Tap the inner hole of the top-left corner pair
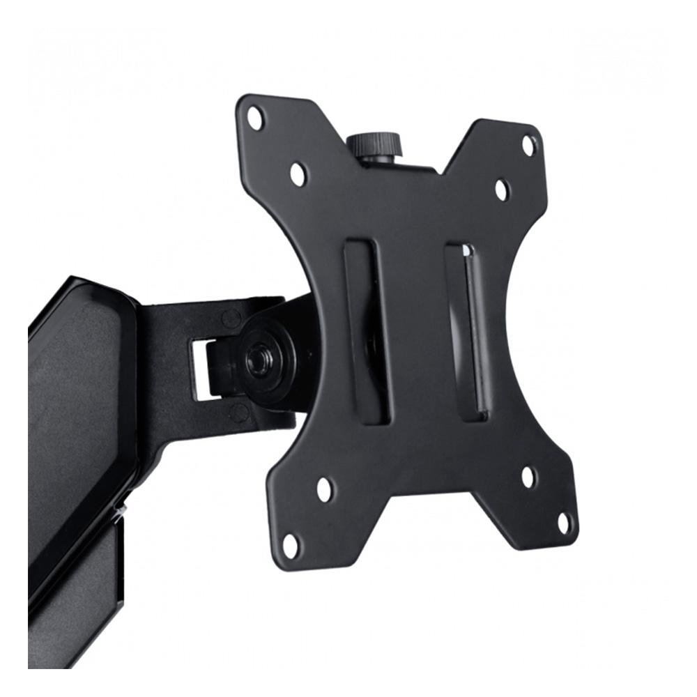pos(298,174)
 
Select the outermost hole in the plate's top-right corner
pos(530,146)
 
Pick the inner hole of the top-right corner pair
pos(502,190)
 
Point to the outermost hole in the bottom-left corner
pos(291,546)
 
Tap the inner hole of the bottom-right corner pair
pos(529,477)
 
